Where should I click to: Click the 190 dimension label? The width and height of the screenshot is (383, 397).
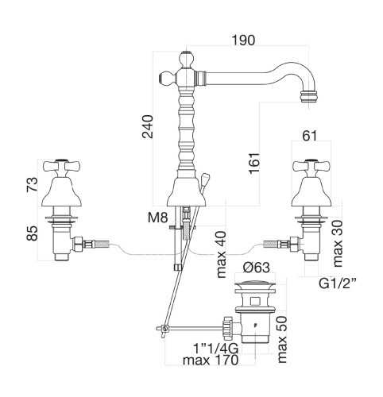(x=243, y=40)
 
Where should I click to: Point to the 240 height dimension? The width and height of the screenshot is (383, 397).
(x=148, y=126)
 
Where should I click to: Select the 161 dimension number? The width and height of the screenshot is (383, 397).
(x=254, y=163)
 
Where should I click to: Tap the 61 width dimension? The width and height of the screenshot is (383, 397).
(x=310, y=136)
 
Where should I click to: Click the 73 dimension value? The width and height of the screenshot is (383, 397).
(x=32, y=184)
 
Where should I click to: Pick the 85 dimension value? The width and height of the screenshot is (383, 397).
(x=33, y=233)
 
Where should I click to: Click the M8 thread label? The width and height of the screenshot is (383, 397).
(x=158, y=218)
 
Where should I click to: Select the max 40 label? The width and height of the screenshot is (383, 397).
(x=221, y=254)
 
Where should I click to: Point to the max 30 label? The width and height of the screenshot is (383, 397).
(x=338, y=244)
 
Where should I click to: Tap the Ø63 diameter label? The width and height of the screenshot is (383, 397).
(x=257, y=268)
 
